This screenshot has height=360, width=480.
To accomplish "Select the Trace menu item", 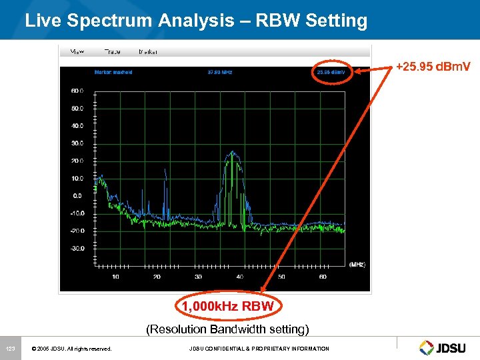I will [112, 51].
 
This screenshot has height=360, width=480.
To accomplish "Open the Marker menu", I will [148, 51].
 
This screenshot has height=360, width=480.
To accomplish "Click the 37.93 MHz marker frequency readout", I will [219, 72].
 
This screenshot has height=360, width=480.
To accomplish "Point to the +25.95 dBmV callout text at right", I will [433, 67].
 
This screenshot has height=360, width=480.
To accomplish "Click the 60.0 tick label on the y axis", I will [77, 90].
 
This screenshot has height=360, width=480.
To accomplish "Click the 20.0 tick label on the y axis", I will [77, 161].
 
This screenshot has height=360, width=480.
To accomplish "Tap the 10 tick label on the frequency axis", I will [116, 277].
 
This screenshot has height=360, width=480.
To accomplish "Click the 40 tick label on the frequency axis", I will [240, 277].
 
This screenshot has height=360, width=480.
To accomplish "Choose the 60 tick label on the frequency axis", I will [323, 277].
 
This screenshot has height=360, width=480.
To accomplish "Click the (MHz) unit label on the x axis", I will [357, 265].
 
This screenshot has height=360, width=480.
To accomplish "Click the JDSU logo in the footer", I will [445, 347].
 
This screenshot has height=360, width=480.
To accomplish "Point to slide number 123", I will [10, 349].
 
